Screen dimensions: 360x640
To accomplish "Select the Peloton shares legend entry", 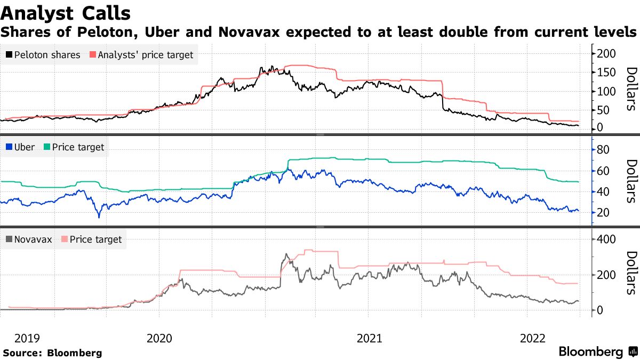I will [x=43, y=55].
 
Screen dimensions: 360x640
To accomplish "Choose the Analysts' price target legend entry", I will [x=141, y=55].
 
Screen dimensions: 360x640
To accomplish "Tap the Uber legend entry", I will [x=20, y=147].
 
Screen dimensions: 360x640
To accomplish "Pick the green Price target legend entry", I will [x=75, y=147].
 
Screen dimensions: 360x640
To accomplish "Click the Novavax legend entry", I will [x=29, y=239].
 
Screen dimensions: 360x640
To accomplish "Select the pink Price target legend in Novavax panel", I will [x=91, y=239].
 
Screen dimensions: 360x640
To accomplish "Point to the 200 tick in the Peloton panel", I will [x=606, y=53].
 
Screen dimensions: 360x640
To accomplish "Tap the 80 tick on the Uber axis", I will [x=603, y=150].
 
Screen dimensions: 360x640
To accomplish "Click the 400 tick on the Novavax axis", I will [x=606, y=239].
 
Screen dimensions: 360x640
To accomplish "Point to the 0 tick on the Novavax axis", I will [x=599, y=310].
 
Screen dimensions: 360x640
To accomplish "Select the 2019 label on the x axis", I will [x=27, y=338].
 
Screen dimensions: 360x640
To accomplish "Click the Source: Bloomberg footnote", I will [x=52, y=353].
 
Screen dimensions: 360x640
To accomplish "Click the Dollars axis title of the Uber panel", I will [x=630, y=181].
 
